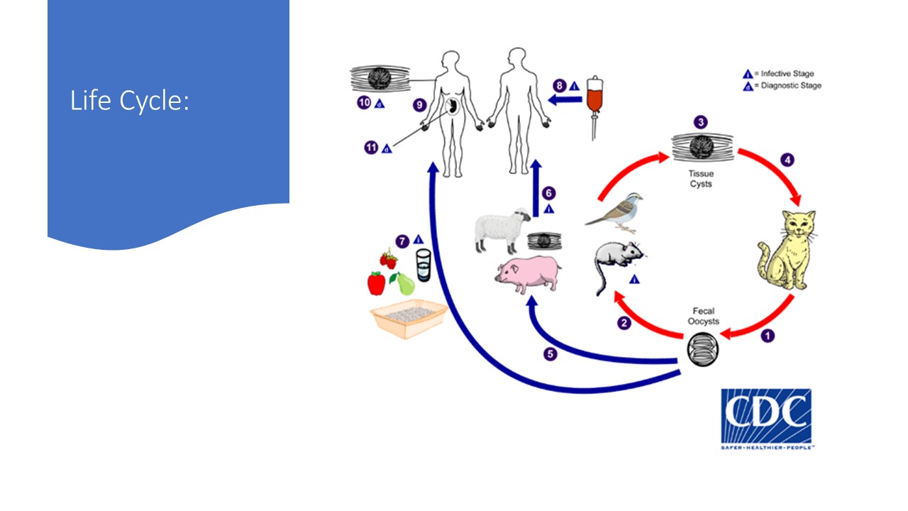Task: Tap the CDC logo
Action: tap(766, 418)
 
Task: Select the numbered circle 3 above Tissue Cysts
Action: tap(701, 123)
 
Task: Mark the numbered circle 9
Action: tap(420, 105)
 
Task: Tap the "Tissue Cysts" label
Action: tap(700, 179)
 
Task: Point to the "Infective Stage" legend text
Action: tap(787, 73)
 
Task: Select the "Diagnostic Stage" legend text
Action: tap(790, 86)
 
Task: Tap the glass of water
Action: tap(423, 264)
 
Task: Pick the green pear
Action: tap(405, 285)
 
